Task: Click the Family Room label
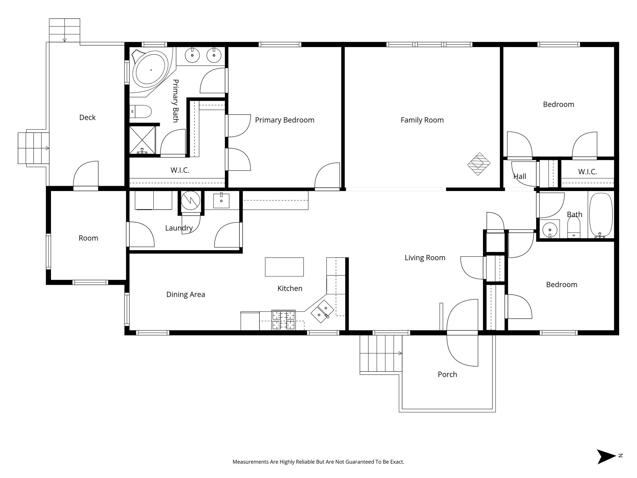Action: [x=422, y=120]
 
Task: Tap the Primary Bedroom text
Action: [x=284, y=120]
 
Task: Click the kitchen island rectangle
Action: [x=284, y=267]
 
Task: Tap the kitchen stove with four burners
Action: [x=283, y=320]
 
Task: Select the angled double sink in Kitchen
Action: [x=322, y=312]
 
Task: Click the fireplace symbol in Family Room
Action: [x=479, y=164]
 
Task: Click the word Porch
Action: [x=447, y=374]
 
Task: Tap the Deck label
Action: [x=87, y=117]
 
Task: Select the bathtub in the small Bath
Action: [x=601, y=215]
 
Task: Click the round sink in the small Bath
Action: [x=550, y=230]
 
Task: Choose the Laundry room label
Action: [x=179, y=228]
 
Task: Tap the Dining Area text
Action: [x=185, y=294]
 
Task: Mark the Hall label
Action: [x=519, y=176]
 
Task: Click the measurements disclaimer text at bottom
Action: [x=318, y=462]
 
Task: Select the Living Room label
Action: [x=425, y=258]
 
